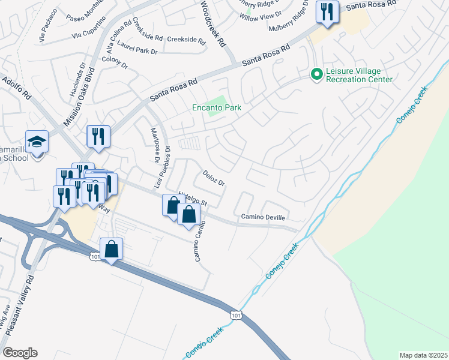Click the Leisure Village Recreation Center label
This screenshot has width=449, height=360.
[359, 75]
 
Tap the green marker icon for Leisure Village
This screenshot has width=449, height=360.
[316, 75]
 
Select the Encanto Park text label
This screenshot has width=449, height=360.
[216, 107]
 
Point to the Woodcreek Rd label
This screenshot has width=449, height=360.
[213, 24]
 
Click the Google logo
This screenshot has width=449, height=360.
[20, 352]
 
